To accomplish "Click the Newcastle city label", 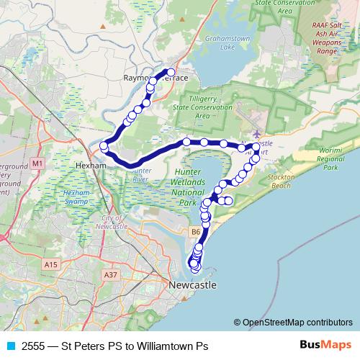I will click(192, 286).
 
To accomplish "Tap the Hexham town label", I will click(90, 165).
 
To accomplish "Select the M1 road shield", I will click(38, 164).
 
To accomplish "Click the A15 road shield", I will click(50, 266).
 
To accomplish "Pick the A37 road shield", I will click(110, 274).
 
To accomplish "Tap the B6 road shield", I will click(195, 232).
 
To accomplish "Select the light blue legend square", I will click(9, 346).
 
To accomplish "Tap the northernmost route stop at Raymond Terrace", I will click(171, 71).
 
